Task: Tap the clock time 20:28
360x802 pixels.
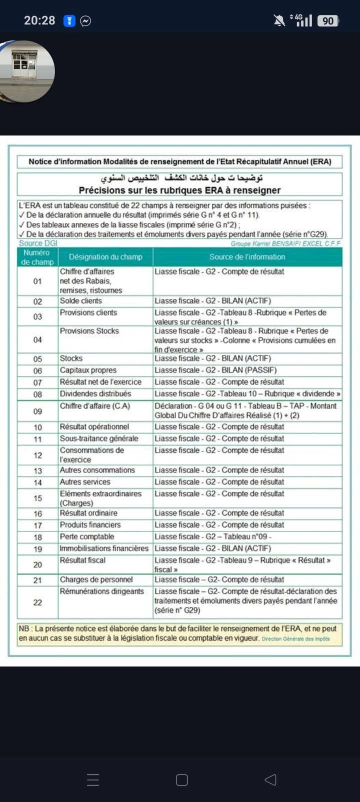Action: [x=39, y=20]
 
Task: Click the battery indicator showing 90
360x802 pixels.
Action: [x=327, y=20]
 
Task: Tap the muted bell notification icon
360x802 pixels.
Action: [x=279, y=20]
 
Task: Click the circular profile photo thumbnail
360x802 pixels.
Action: [x=27, y=71]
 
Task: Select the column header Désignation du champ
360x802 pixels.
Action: [x=105, y=257]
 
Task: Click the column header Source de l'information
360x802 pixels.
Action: [x=247, y=257]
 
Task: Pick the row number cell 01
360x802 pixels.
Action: [x=37, y=281]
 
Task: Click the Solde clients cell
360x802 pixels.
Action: [x=81, y=301]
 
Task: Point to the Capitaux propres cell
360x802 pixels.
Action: [x=88, y=370]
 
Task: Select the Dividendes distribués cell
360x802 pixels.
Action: [x=95, y=394]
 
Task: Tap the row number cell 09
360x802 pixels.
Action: [x=37, y=411]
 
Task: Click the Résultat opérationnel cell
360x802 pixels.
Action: [x=94, y=427]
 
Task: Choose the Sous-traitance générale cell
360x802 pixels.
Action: [x=99, y=439]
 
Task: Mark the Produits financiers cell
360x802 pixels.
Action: [x=90, y=525]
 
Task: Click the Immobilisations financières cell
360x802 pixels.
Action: [x=104, y=548]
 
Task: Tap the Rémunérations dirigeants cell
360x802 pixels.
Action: [x=102, y=591]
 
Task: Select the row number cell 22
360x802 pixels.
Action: [x=37, y=602]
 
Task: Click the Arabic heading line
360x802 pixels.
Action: [x=181, y=178]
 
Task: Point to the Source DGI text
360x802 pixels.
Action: [x=38, y=243]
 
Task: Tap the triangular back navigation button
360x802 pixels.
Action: [x=270, y=779]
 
